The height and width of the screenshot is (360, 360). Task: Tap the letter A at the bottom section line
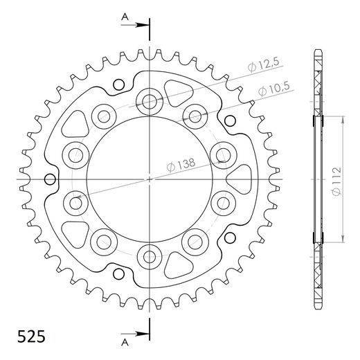123,342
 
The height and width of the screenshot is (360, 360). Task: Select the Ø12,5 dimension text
263,66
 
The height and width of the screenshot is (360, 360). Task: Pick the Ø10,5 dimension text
274,90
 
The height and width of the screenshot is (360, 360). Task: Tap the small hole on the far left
49,180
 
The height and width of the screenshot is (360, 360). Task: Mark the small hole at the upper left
117,85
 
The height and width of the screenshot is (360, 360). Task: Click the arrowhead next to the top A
144,26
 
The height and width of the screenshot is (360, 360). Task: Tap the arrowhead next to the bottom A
144,332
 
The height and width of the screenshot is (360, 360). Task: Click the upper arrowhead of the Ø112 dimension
341,119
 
